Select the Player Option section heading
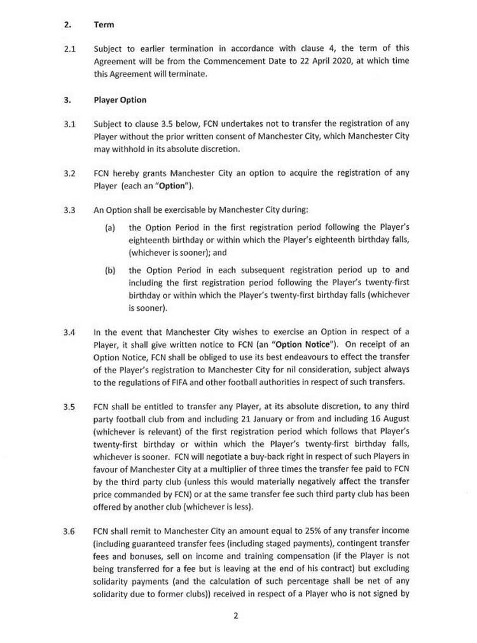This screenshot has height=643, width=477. point(120,100)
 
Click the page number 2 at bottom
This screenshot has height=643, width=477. point(235,616)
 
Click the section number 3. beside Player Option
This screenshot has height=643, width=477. point(67,100)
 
